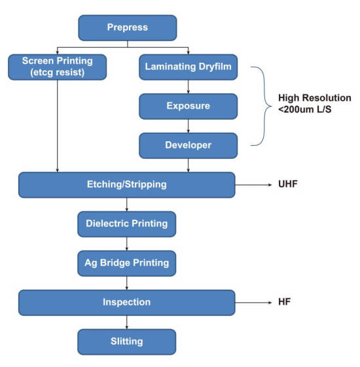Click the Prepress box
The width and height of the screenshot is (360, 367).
128,28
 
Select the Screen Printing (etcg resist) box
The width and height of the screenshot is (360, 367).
58,67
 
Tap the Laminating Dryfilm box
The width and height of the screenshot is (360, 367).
189,67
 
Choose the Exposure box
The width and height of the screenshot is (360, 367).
189,107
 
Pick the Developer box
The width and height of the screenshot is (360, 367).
189,146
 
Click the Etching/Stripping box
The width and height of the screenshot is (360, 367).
127,185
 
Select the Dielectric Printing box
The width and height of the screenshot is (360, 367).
127,224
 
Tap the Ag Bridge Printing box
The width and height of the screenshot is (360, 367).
127,264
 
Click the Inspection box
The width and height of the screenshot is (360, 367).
127,303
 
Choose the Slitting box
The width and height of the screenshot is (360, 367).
127,342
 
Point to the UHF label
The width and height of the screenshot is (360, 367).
288,184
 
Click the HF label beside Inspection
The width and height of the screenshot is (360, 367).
284,302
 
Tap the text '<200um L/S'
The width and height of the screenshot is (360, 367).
305,109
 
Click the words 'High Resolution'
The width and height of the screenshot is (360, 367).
315,98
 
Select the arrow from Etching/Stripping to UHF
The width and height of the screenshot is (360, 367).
253,185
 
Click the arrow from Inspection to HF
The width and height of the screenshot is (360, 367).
253,303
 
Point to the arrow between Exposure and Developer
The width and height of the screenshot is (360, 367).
189,126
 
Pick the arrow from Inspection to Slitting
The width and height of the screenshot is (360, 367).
127,323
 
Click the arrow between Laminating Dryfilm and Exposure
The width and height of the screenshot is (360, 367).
189,87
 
